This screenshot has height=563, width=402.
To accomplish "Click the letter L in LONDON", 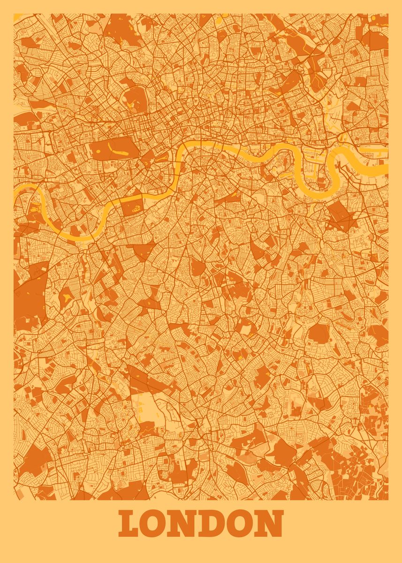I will click(130, 524).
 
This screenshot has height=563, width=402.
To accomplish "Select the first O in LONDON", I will click(156, 524).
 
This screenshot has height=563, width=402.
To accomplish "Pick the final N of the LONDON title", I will click(270, 524).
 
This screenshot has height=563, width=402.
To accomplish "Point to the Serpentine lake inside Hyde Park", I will click(114, 150).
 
